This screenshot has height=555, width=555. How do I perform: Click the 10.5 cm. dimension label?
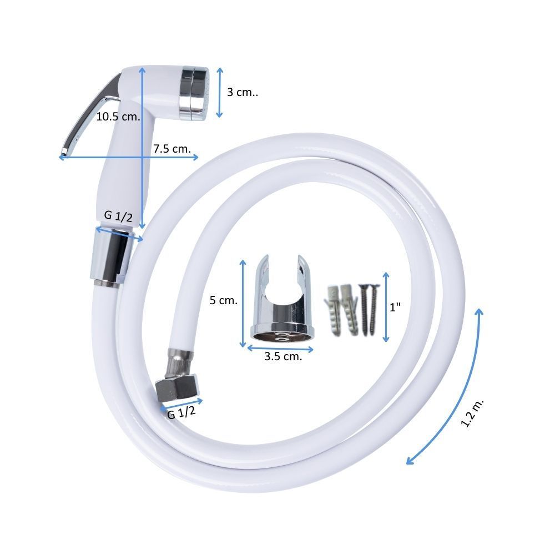118,117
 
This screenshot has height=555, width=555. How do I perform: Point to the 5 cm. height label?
224,300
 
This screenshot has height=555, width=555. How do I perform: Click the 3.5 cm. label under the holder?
283,356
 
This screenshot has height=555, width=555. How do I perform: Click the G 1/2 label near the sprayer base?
118,216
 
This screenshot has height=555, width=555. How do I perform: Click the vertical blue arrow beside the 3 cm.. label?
220,92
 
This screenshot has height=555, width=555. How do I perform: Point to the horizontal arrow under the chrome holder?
280,349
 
